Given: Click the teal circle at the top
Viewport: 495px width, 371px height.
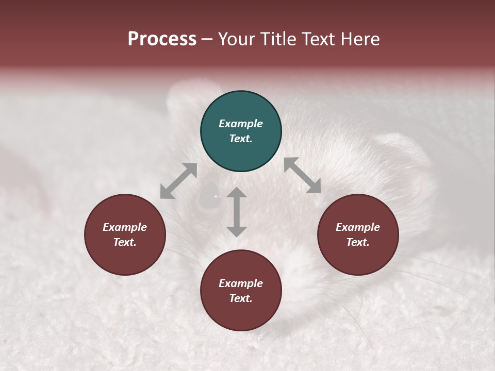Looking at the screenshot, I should [x=241, y=131].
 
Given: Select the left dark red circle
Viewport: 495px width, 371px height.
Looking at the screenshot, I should [x=125, y=234].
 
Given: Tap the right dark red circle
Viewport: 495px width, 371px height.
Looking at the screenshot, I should [x=358, y=234].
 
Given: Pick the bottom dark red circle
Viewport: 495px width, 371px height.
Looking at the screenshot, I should [x=241, y=291].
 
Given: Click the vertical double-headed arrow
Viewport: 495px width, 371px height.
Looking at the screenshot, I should [x=237, y=212].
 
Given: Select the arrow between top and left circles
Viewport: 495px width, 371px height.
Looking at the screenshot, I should [x=178, y=181].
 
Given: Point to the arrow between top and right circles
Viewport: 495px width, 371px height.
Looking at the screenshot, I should [x=302, y=175].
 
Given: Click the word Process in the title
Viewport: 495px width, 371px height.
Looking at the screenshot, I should [x=162, y=39].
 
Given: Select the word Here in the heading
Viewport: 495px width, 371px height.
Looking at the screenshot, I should [x=359, y=39].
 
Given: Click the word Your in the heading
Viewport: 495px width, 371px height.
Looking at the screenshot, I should [x=236, y=39].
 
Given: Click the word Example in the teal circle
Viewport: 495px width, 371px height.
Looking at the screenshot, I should [x=241, y=124].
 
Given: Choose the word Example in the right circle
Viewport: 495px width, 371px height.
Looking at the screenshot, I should [x=358, y=227].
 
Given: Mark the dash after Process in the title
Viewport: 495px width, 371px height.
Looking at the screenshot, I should [x=207, y=39].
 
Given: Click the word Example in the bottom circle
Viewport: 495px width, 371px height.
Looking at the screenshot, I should [x=241, y=283].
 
